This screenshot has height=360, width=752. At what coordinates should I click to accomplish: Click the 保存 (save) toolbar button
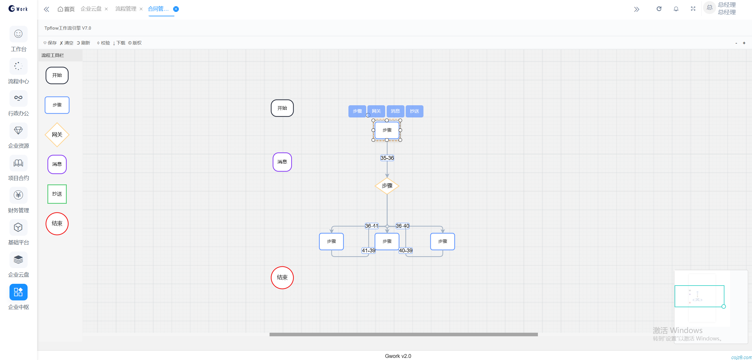click(x=50, y=43)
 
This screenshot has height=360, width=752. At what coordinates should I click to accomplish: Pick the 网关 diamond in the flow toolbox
click(x=57, y=135)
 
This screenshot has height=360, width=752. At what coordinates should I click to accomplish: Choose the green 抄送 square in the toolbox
click(x=57, y=194)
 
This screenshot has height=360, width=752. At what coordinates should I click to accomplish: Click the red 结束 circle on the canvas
click(x=282, y=278)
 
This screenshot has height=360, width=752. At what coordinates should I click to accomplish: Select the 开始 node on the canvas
click(x=282, y=108)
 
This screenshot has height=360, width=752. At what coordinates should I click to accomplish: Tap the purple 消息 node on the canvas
click(x=282, y=162)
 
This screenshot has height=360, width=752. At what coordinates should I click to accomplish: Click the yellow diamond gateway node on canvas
click(x=387, y=186)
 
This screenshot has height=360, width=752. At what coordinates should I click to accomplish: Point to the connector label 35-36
click(x=387, y=158)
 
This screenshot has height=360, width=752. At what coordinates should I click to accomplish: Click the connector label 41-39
click(x=368, y=251)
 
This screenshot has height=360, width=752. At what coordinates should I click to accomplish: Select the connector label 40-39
click(x=406, y=251)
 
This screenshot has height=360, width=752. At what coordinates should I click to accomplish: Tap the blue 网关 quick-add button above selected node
click(x=376, y=111)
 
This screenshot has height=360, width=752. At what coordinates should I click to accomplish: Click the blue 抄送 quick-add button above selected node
click(x=414, y=111)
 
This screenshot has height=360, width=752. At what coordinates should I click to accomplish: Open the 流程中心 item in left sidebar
click(x=18, y=71)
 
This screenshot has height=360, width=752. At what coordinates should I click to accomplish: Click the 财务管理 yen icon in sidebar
click(x=18, y=195)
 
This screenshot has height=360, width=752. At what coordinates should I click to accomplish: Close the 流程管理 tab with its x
click(x=141, y=9)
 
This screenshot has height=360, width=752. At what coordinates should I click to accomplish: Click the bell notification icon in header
click(x=676, y=9)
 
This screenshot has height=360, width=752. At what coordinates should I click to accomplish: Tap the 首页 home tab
click(x=66, y=9)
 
